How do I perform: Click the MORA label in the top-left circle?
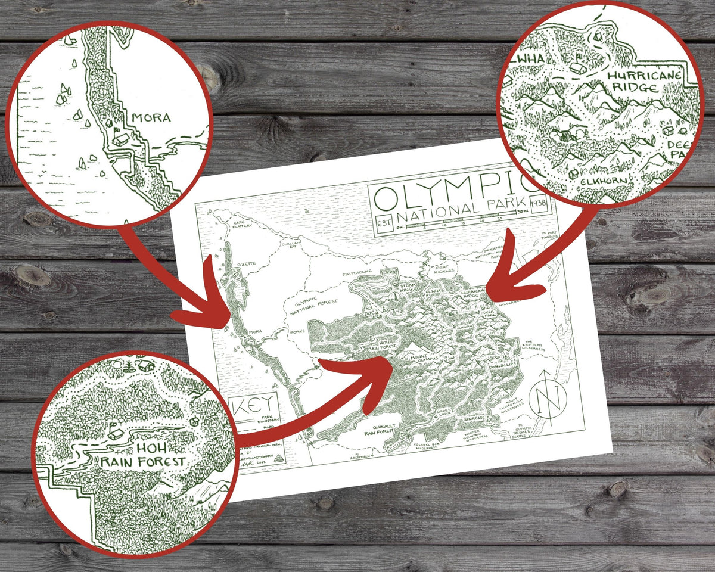151,117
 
